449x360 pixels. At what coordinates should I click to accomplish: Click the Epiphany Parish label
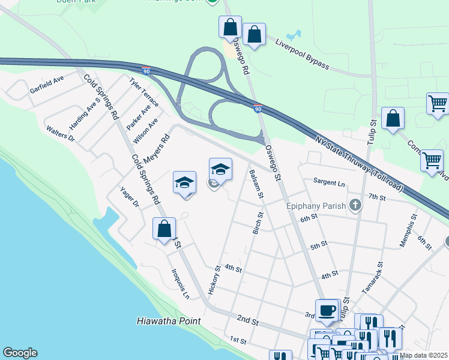tap(316, 206)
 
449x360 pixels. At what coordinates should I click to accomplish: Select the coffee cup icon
tap(327, 310)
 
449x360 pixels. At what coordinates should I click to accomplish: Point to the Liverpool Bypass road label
tap(302, 54)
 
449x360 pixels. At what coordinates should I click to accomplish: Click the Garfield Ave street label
tap(47, 85)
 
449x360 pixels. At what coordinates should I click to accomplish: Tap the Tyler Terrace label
tap(144, 92)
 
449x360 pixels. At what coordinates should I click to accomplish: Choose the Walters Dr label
tap(60, 133)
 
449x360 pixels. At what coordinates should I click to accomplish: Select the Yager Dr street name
tap(129, 196)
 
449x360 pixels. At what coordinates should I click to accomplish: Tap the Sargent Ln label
tap(330, 182)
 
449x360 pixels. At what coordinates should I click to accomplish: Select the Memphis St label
tap(408, 235)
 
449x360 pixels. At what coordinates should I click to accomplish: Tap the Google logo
tap(20, 353)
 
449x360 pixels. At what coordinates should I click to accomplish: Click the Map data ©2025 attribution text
tap(423, 355)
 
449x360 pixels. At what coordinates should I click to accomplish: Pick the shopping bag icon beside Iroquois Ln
tap(164, 229)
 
